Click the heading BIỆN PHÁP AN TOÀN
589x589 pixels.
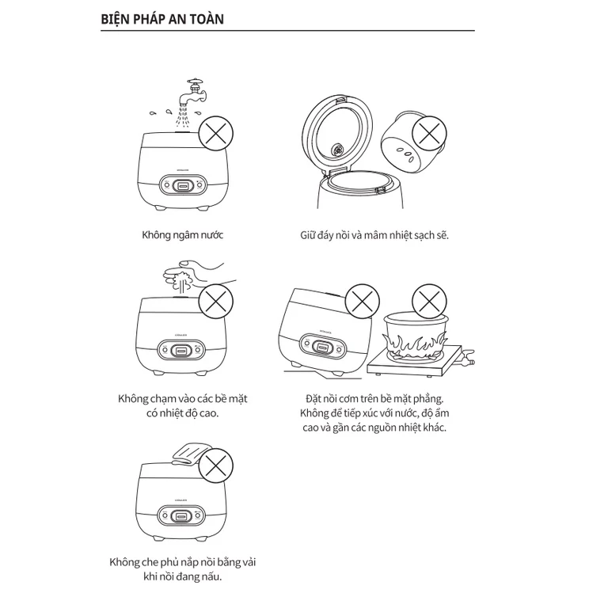[162, 18]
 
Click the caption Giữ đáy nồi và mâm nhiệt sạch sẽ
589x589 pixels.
[374, 235]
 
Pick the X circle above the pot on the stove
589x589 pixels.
[428, 302]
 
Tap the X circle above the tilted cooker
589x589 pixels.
[361, 302]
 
